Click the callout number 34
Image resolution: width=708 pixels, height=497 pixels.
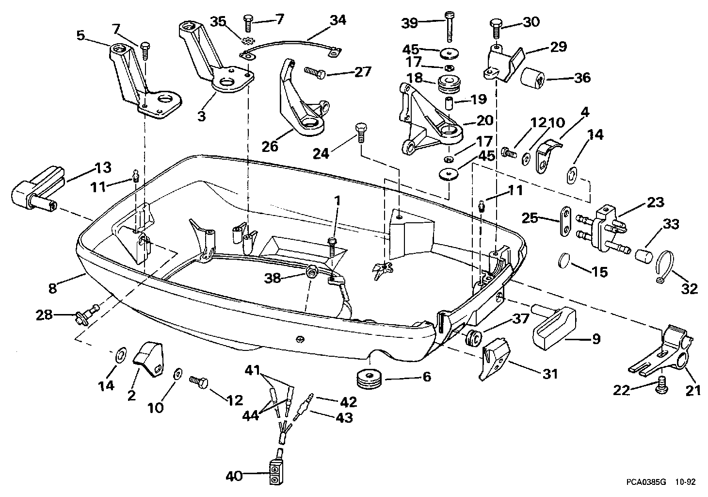[x=338, y=20]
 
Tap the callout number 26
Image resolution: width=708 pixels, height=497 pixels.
[x=270, y=145]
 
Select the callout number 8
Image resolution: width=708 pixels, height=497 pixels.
[x=52, y=288]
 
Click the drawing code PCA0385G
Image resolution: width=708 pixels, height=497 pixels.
[x=645, y=482]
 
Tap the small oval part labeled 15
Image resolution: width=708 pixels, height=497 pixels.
[x=563, y=260]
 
